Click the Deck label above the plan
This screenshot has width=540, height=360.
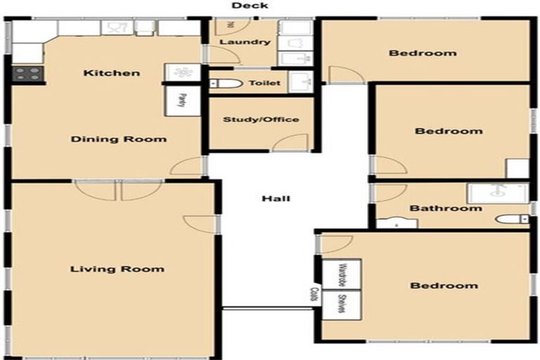250,6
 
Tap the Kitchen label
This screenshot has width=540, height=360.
112,73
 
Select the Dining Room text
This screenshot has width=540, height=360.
119,139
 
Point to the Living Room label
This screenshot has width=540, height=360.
117,269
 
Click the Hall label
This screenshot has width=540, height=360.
276,198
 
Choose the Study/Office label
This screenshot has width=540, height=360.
261,120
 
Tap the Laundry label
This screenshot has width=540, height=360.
245,42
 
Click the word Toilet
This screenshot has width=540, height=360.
264,83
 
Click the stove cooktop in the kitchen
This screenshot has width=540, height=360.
27,72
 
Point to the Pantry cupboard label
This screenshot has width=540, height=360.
181,100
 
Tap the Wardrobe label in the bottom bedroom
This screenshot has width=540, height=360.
342,275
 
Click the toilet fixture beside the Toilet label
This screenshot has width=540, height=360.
226,84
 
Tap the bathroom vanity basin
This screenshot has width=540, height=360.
397,224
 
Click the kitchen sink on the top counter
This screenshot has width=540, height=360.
117,27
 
